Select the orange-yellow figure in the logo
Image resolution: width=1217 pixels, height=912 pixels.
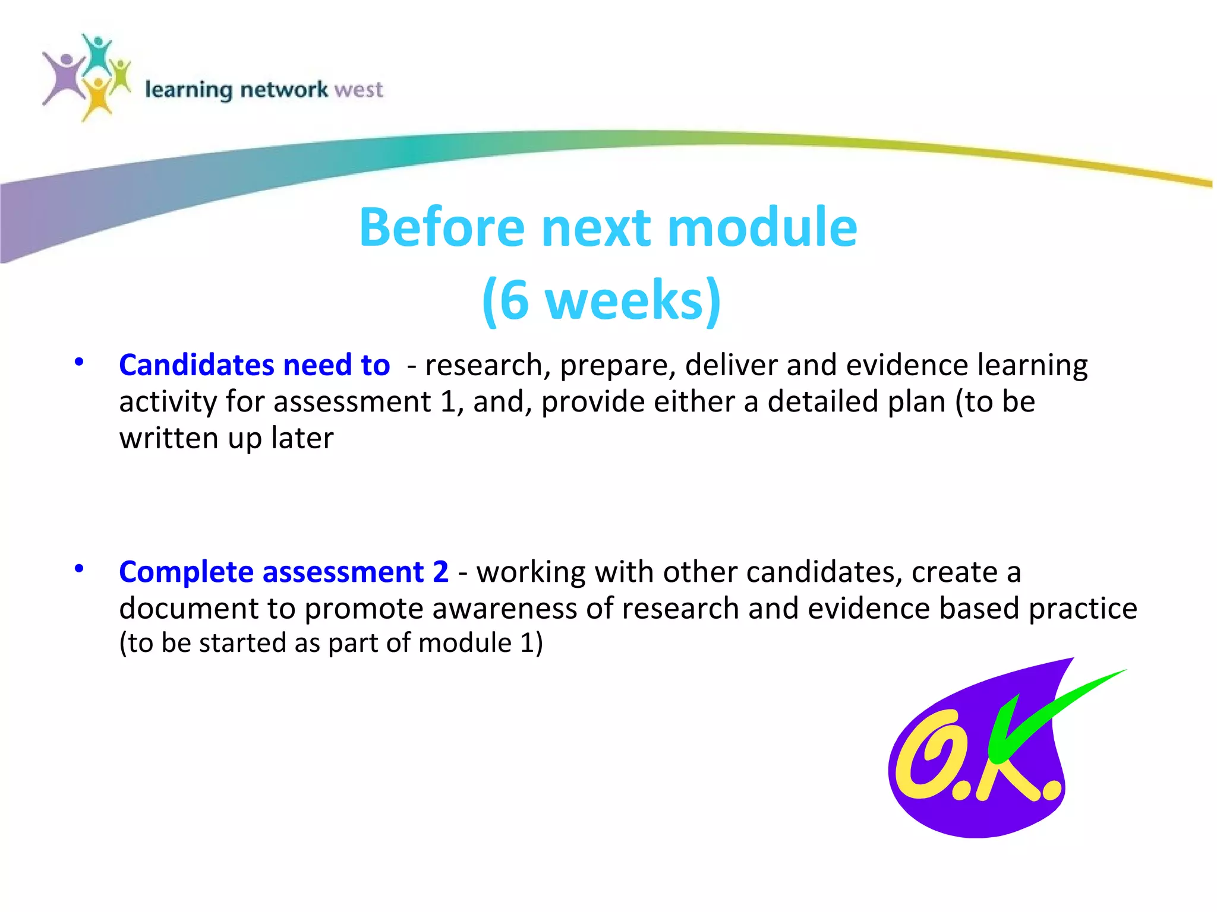coord(97,98)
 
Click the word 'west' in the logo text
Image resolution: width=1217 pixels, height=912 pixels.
coord(358,90)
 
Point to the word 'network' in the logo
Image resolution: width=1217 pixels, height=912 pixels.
coord(284,90)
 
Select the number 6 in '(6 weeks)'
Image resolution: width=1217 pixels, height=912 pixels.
coord(515,300)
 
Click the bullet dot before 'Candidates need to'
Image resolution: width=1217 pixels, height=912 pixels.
coord(79,362)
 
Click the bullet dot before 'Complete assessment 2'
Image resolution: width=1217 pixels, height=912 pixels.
coord(79,569)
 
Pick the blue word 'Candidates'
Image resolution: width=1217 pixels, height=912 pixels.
coord(196,365)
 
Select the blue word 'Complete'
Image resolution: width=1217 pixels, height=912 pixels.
coord(186,572)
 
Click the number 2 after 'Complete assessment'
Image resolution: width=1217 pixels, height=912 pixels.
coord(440,572)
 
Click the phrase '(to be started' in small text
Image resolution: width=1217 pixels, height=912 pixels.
coord(202,644)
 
